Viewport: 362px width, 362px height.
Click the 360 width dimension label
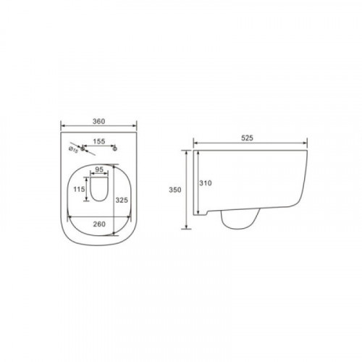pos(99,121)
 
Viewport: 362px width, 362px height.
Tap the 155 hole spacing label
pos(99,141)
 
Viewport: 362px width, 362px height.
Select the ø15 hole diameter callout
pos(73,150)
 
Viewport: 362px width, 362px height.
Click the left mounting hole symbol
pos(83,148)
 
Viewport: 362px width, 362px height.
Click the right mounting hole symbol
pos(115,148)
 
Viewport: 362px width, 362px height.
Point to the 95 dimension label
pos(99,169)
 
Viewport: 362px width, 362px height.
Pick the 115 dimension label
pos(79,189)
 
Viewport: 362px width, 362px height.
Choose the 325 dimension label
pos(122,200)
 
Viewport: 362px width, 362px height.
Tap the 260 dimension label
pos(99,224)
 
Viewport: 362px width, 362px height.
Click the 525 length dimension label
pos(248,138)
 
